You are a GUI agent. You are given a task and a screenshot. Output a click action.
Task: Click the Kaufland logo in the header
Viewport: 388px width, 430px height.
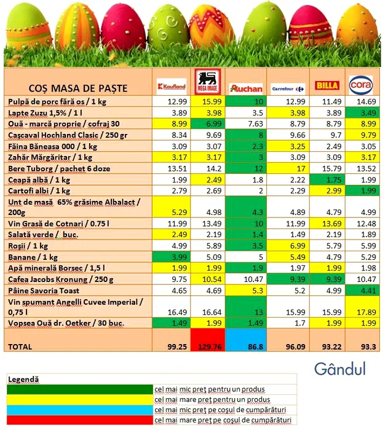tap(171, 86)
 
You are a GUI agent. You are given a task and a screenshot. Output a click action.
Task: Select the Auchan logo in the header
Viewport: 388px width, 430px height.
tap(245, 88)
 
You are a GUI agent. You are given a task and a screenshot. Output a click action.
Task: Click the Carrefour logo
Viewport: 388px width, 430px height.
tap(288, 88)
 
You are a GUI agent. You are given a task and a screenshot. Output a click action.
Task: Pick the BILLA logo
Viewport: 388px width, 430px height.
tap(327, 86)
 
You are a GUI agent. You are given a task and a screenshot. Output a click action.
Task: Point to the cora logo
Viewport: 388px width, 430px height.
tap(361, 84)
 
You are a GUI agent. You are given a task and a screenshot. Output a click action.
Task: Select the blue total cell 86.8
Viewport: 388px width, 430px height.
tap(247, 347)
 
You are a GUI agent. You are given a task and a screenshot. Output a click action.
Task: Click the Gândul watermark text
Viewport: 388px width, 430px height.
tap(339, 369)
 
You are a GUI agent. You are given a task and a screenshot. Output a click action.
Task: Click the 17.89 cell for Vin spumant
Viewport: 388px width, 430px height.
tap(363, 311)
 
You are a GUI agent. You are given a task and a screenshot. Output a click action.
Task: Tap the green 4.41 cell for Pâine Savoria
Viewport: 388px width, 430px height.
tap(363, 290)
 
